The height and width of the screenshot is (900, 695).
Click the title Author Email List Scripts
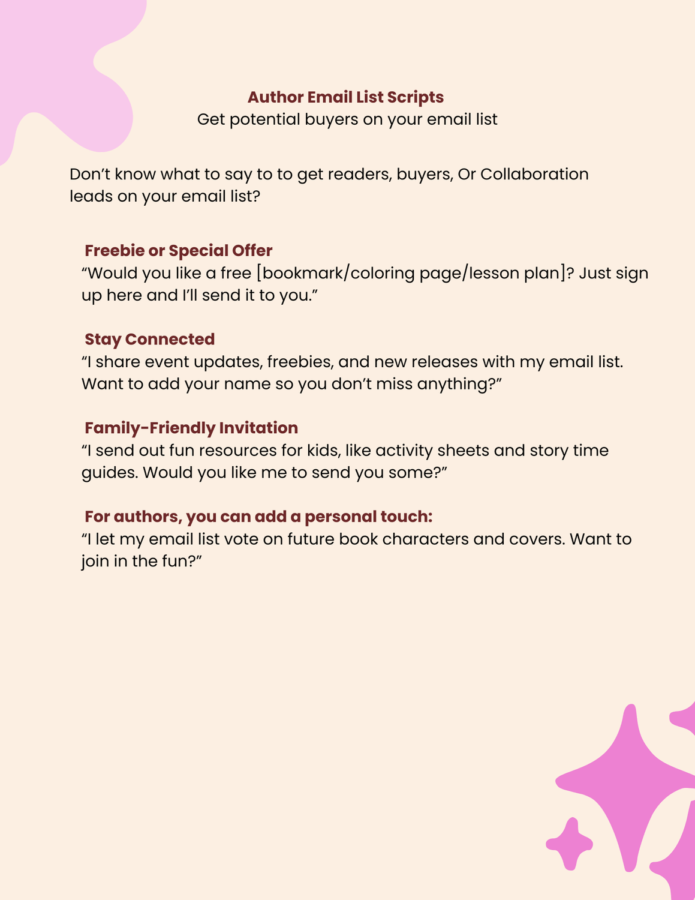[x=345, y=97]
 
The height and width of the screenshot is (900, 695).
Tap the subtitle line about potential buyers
[x=347, y=119]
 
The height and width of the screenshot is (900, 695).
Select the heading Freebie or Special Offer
[x=178, y=251]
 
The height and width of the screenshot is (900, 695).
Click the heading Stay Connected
[x=149, y=340]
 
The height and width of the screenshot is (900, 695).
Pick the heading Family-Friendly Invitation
[x=191, y=428]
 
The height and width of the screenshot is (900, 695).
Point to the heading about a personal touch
[x=258, y=517]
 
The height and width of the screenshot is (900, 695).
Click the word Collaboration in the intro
[x=534, y=174]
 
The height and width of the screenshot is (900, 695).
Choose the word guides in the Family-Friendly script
[x=110, y=473]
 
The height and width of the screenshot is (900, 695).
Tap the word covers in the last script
[x=536, y=539]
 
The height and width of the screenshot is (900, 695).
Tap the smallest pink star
[x=570, y=843]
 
